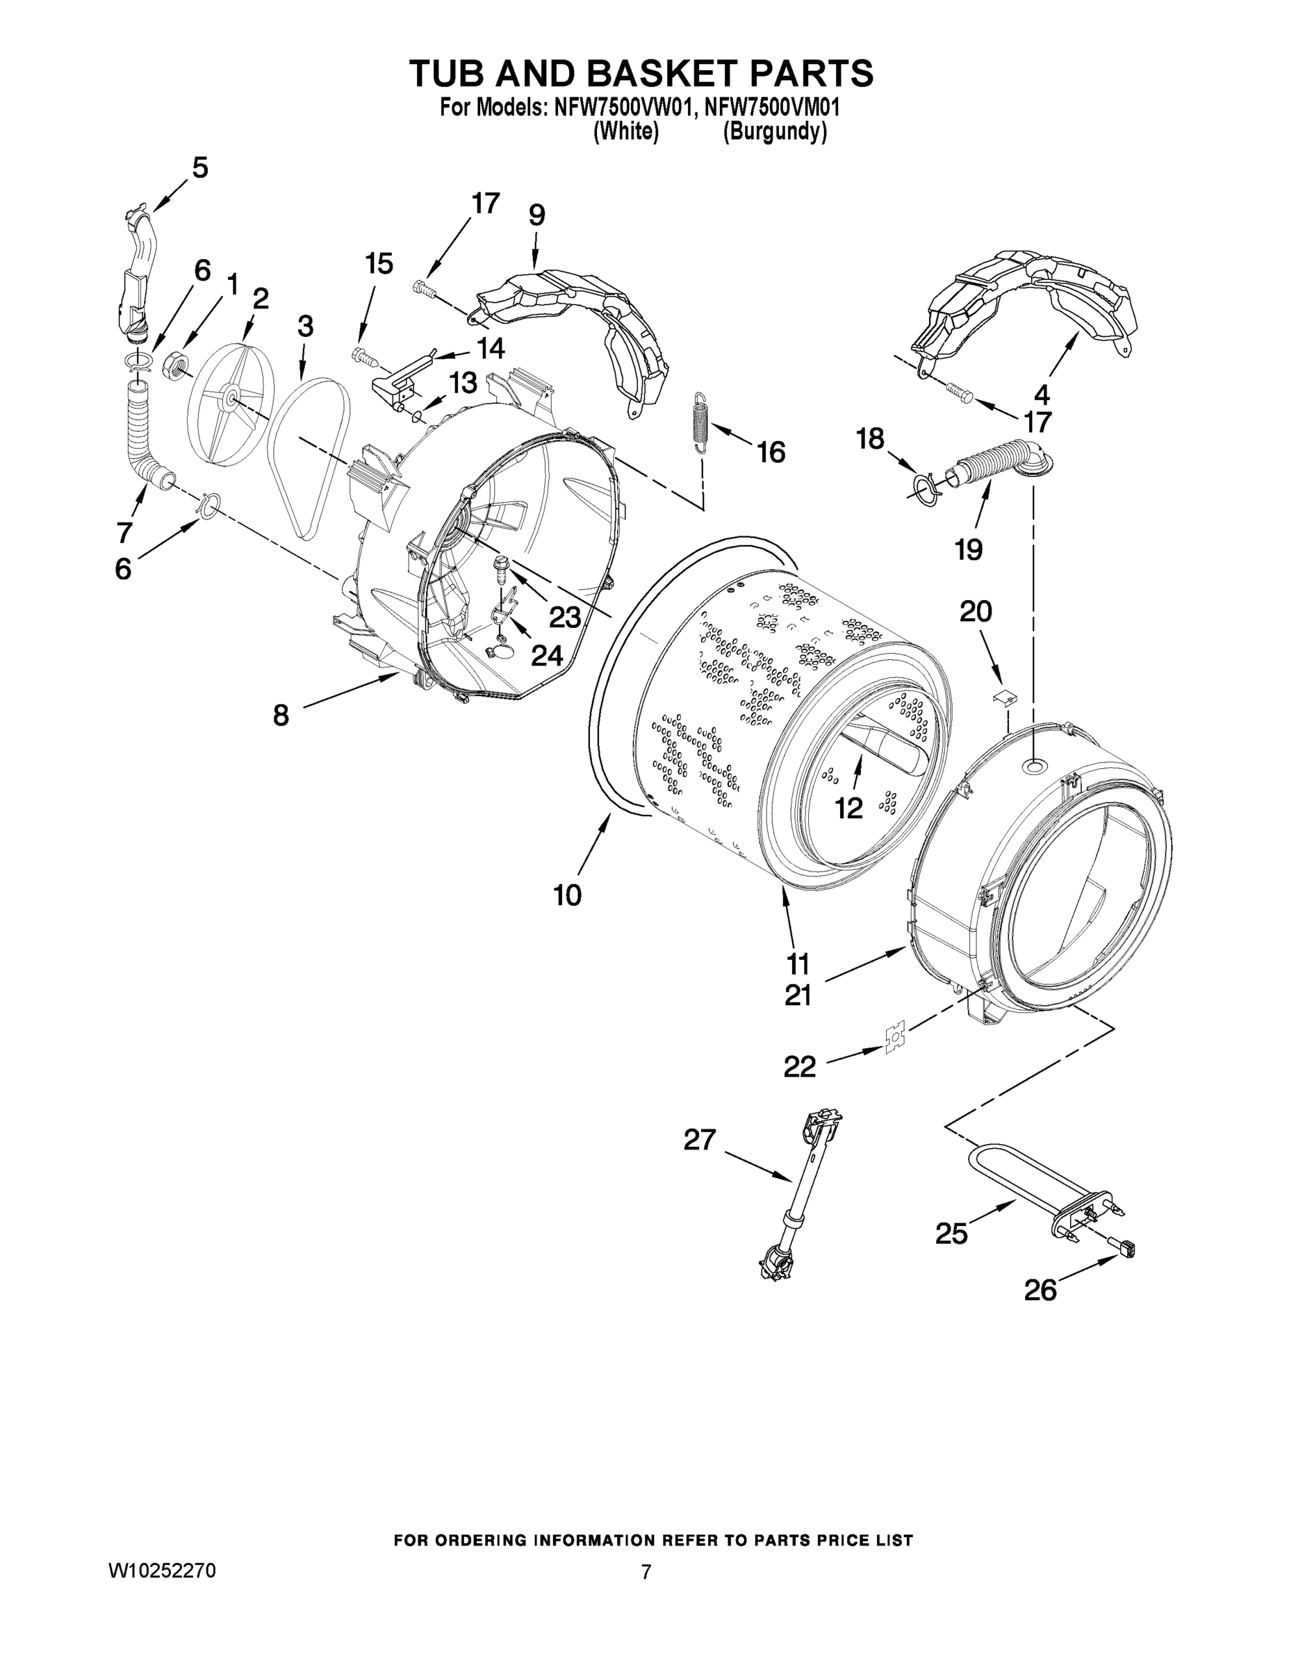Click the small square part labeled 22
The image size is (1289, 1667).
coord(895,1040)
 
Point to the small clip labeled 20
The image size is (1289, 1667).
coord(1005,695)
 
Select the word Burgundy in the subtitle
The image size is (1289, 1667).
coord(774,132)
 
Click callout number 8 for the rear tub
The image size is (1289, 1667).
coord(281,715)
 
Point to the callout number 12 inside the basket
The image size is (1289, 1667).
coord(848,808)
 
